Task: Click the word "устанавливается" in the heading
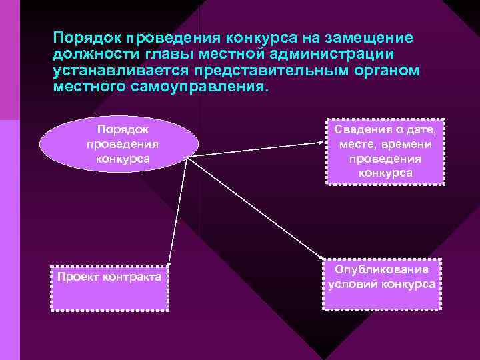117,70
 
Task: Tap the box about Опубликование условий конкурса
382,283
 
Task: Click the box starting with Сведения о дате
385,151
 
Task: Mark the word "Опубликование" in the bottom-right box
382,269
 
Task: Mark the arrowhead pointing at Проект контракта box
168,265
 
